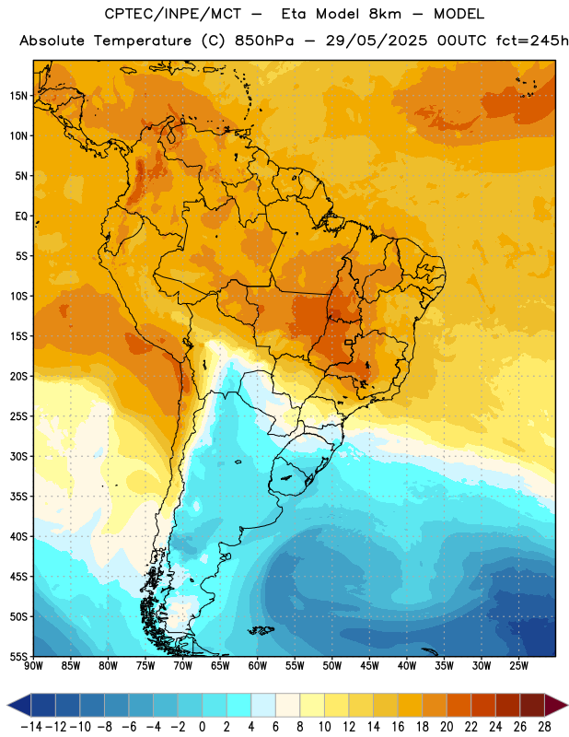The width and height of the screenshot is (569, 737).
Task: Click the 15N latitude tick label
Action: click(x=18, y=96)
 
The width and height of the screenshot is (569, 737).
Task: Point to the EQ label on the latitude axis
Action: click(x=21, y=216)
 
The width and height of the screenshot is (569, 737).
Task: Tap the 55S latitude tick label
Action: click(x=18, y=656)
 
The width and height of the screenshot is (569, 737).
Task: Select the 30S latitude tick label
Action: click(x=18, y=456)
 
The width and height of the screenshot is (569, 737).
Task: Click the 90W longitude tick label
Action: click(x=33, y=666)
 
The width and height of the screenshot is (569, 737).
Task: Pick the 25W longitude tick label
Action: click(x=518, y=666)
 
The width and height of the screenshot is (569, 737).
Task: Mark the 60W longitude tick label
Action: click(x=258, y=666)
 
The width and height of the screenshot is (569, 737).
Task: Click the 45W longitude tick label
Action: click(x=369, y=666)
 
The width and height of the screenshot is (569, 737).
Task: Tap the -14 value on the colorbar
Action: click(x=31, y=727)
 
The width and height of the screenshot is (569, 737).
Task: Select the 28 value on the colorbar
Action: click(x=544, y=727)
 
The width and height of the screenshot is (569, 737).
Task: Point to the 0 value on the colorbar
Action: click(x=202, y=727)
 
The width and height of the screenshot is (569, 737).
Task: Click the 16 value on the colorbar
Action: click(x=398, y=727)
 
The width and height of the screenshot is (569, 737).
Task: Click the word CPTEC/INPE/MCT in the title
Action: click(x=172, y=14)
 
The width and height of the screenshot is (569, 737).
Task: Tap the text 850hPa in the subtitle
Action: click(x=264, y=41)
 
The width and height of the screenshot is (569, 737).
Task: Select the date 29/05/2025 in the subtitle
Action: click(x=377, y=41)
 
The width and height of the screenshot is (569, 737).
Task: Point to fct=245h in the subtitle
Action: click(x=532, y=41)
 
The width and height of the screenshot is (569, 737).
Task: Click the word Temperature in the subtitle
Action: click(x=143, y=41)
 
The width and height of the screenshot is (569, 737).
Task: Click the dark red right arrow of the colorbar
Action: click(x=556, y=705)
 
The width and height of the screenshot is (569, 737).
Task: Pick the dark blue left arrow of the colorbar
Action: click(x=18, y=705)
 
